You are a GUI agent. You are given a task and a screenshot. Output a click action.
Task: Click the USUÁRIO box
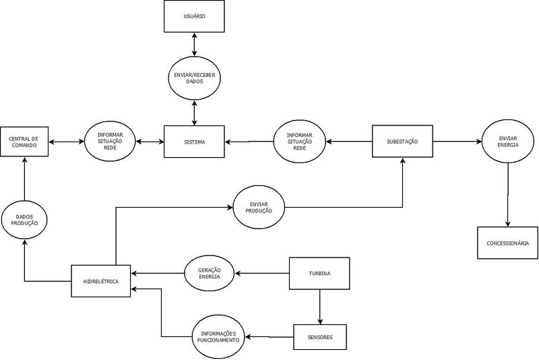click(195, 16)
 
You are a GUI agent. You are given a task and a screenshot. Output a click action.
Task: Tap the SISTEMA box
click(195, 142)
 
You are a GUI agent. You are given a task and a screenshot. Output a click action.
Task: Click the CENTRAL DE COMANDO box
click(24, 142)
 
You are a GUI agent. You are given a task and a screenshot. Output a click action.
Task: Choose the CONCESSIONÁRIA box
click(507, 243)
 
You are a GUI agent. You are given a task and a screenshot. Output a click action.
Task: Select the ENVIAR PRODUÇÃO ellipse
click(259, 207)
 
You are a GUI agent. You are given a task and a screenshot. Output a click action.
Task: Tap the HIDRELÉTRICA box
click(101, 281)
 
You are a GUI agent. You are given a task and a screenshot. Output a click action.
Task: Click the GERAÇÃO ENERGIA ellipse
click(210, 273)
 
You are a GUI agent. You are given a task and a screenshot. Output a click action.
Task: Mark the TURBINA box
click(319, 273)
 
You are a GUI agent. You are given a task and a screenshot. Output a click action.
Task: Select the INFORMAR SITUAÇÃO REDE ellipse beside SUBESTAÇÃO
click(300, 142)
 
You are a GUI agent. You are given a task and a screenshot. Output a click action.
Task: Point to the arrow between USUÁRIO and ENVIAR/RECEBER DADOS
click(195, 43)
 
